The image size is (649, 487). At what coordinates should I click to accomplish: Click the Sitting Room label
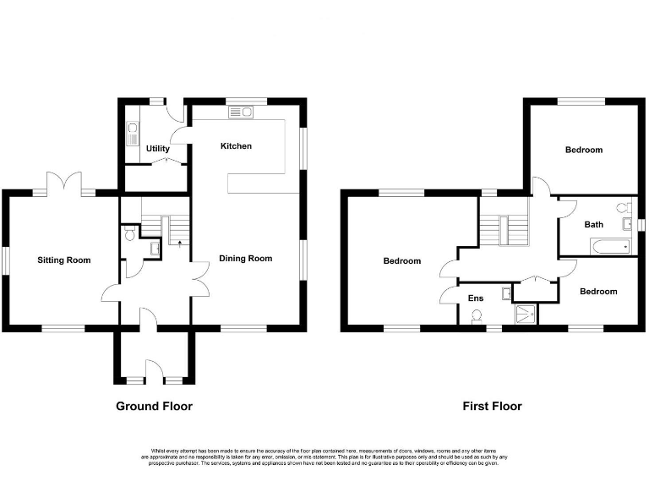(63, 260)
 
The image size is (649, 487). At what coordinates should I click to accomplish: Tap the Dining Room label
(246, 258)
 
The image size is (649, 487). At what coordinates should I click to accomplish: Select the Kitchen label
(236, 146)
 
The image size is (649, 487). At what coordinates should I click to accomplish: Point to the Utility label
(157, 149)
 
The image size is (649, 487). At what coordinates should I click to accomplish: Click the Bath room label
(593, 225)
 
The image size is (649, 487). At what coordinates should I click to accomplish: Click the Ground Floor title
(154, 406)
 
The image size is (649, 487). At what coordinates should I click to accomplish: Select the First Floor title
(492, 406)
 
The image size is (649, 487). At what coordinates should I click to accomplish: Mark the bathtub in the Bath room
(606, 247)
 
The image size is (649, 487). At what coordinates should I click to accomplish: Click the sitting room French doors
(64, 184)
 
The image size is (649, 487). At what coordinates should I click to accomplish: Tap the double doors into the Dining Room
(199, 276)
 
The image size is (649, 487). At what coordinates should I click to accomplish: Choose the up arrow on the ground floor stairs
(179, 243)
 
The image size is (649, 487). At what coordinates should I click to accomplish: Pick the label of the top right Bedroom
(584, 150)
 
